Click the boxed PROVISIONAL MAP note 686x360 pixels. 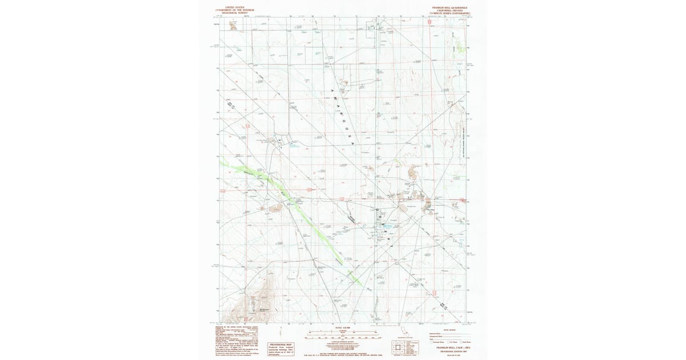pos(281,349)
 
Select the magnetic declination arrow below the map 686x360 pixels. pos(282,332)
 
